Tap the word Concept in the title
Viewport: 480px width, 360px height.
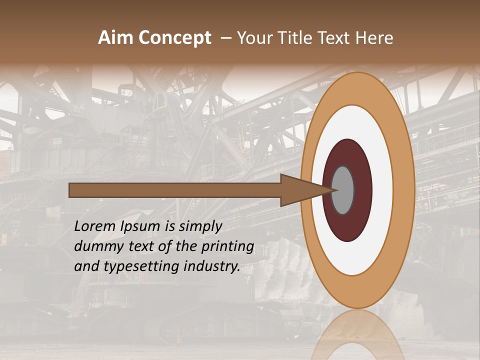pos(174,38)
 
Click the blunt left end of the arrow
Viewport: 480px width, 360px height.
pos(71,190)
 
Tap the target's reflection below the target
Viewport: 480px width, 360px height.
pos(357,335)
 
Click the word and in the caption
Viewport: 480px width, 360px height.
pos(86,266)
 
